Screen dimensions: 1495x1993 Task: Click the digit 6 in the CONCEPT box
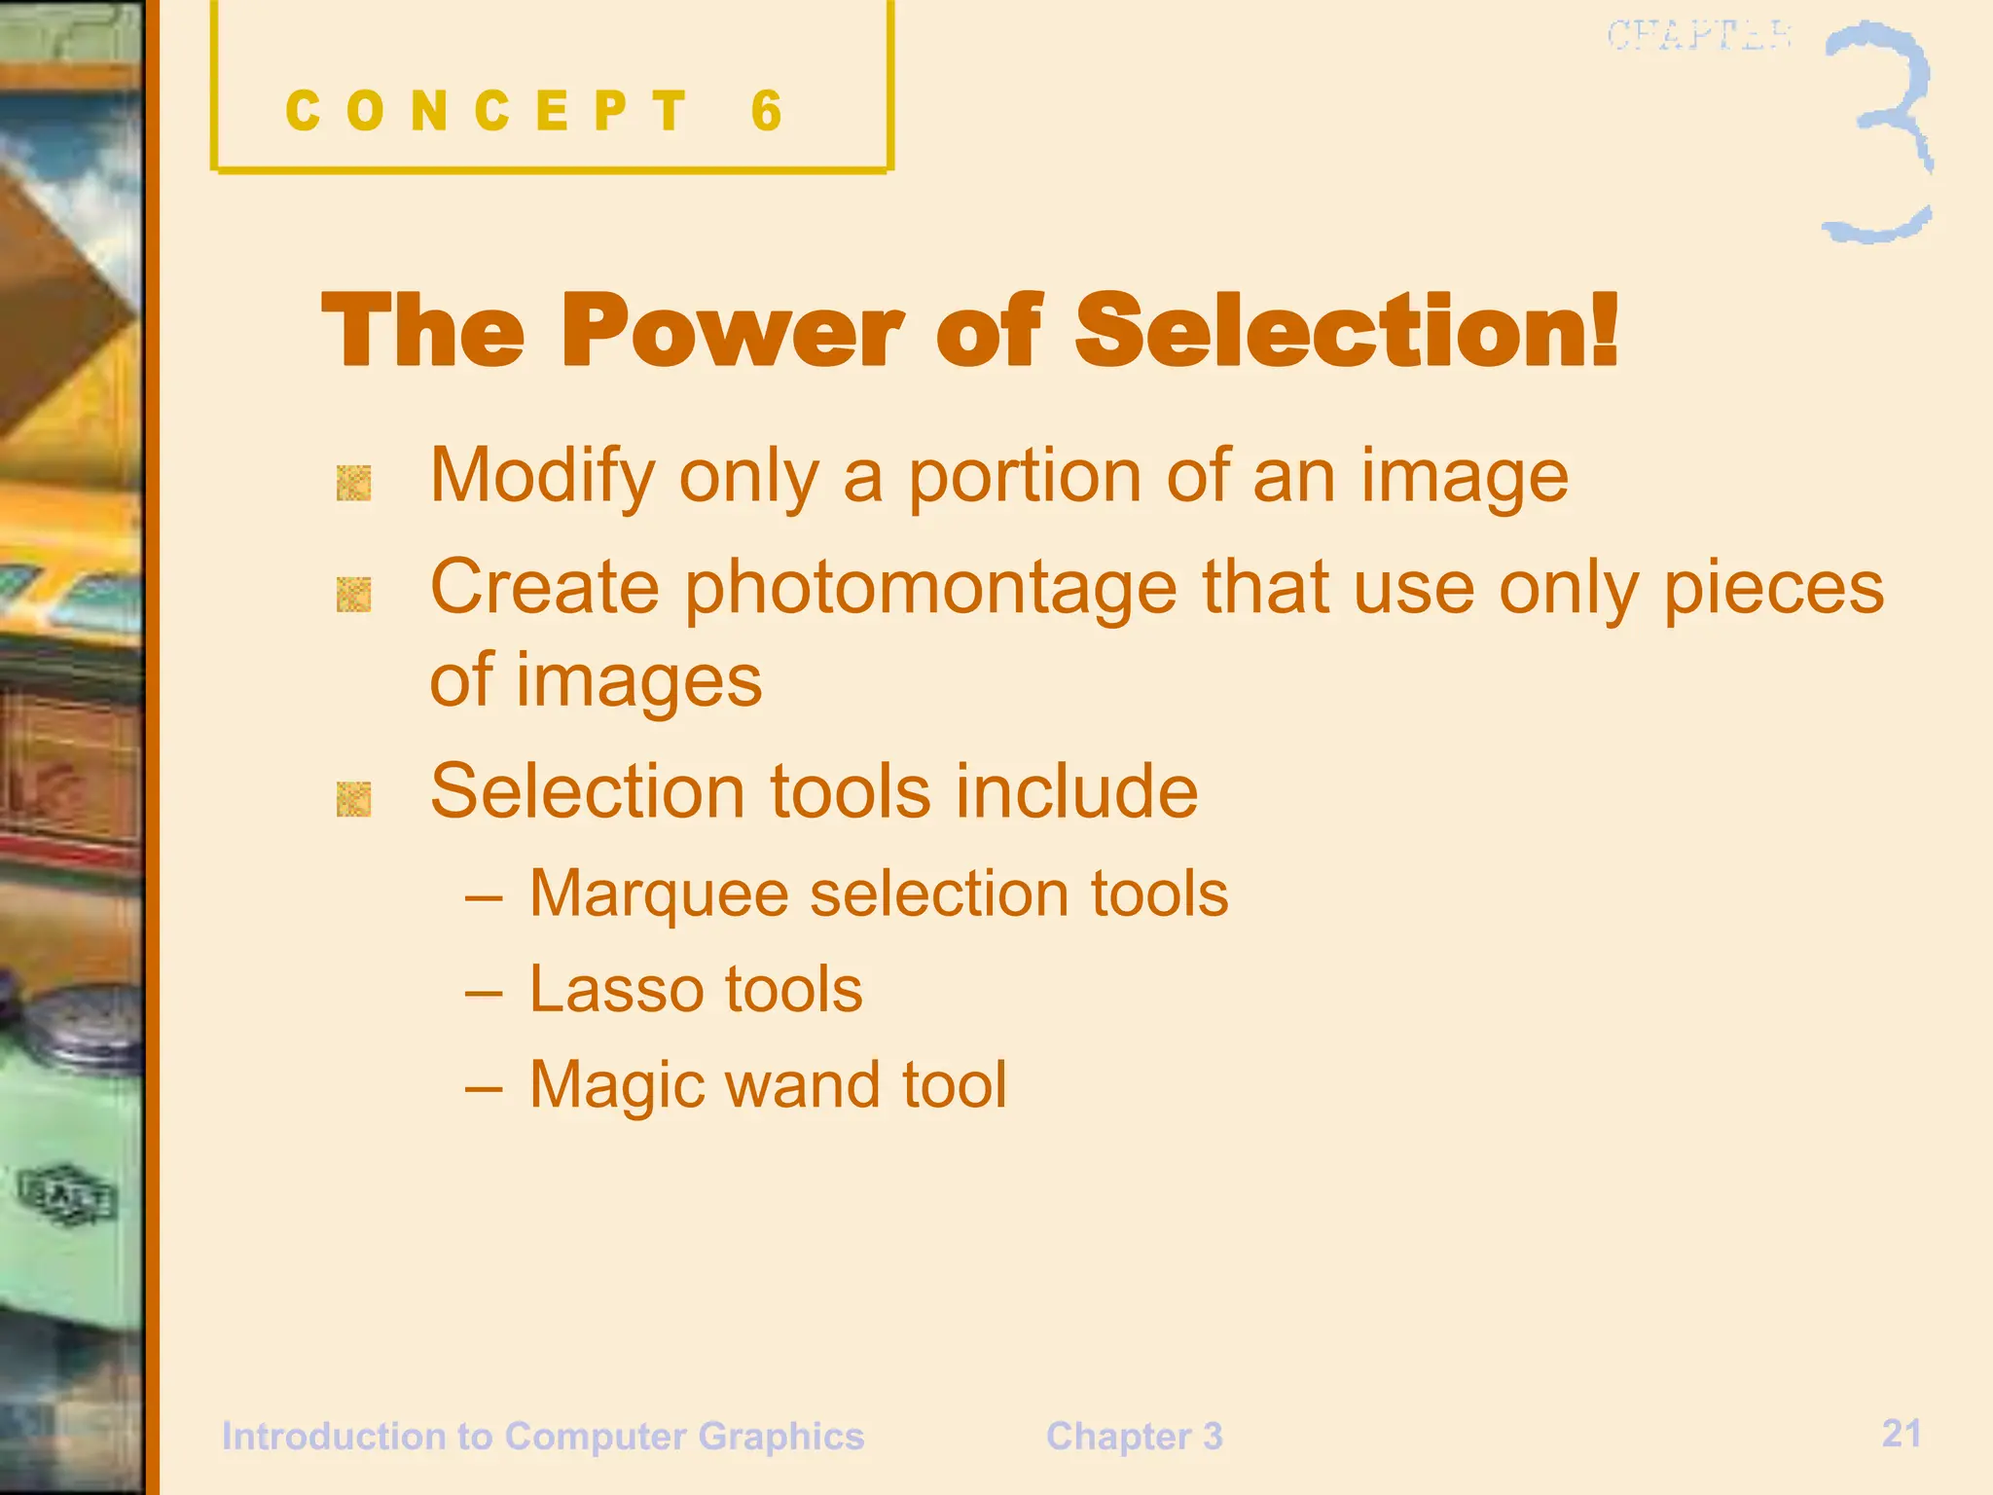(767, 111)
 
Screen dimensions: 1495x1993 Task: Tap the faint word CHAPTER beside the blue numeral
(1698, 36)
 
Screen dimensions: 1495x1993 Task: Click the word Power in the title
(732, 331)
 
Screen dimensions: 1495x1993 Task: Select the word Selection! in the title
(1347, 331)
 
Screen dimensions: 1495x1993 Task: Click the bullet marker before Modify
(353, 483)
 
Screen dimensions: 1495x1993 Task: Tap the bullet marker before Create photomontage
(353, 595)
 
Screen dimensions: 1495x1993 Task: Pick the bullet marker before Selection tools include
(353, 799)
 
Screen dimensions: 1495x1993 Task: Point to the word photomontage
(931, 590)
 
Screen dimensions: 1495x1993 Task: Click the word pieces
(1773, 590)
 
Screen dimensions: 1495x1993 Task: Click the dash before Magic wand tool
(484, 1086)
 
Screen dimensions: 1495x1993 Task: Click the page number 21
(1901, 1433)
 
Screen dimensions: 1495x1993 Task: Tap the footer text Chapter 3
(1134, 1437)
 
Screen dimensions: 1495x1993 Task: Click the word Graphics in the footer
(780, 1437)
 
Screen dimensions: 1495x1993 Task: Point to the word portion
(1025, 477)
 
